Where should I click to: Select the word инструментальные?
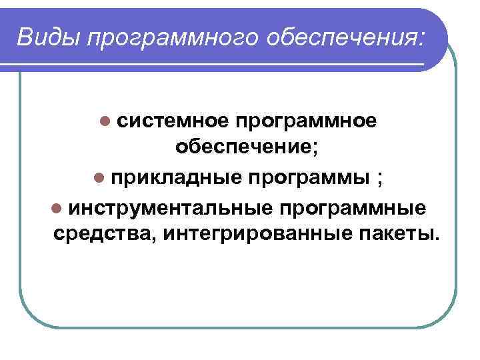coord(169,208)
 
